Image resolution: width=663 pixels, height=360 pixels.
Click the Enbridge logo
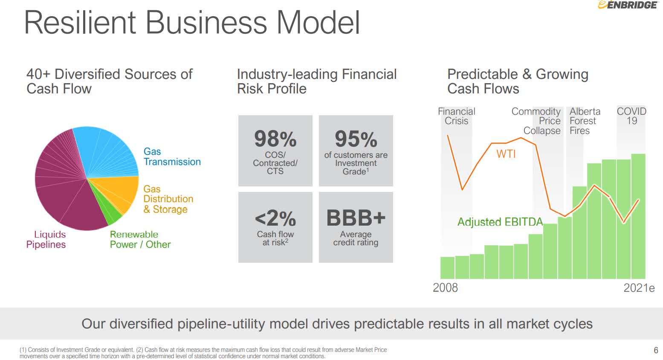click(x=628, y=5)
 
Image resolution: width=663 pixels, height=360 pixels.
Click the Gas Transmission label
click(x=172, y=157)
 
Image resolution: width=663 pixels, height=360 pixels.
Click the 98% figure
click(x=275, y=139)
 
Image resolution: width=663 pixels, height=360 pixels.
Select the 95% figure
click(x=356, y=139)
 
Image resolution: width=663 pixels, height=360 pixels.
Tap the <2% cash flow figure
click(x=275, y=218)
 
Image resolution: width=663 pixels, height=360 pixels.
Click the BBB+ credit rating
click(x=356, y=218)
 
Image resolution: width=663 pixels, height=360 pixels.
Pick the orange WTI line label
click(x=506, y=154)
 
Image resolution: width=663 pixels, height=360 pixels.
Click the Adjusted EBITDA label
click(x=500, y=222)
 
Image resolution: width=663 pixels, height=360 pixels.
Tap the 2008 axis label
click(x=445, y=287)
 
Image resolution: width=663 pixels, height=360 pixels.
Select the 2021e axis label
click(x=639, y=287)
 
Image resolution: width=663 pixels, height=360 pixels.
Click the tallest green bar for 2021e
click(x=638, y=216)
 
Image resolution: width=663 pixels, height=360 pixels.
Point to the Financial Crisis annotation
click(x=456, y=116)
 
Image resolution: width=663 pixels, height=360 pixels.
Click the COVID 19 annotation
click(x=631, y=116)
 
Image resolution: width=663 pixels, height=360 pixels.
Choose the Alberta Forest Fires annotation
click(x=585, y=121)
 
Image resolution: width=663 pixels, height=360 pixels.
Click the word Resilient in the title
click(x=80, y=23)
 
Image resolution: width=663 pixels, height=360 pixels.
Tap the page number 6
click(x=656, y=350)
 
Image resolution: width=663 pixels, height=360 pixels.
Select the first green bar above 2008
click(x=447, y=267)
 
